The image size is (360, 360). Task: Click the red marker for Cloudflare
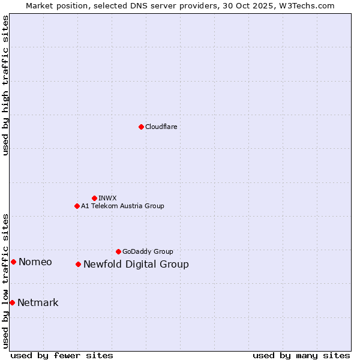point(141,127)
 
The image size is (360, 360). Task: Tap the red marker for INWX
point(94,198)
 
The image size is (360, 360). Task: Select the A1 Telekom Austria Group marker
point(77,206)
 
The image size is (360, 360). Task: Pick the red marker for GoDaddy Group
point(118,251)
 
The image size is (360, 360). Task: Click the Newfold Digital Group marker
point(78,264)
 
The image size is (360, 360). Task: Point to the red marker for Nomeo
point(13,262)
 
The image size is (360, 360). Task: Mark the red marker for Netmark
point(12,302)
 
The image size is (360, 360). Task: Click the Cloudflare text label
point(161,127)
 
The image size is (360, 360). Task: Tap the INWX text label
point(107,198)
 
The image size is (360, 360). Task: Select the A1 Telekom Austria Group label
point(122,206)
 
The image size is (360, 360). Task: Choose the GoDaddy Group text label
point(148,251)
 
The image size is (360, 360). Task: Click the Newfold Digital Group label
point(136,265)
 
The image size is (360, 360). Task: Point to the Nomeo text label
point(35,262)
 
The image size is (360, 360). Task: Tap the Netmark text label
point(38,303)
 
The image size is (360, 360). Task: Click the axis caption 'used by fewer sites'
point(62,355)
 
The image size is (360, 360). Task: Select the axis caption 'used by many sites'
point(301,355)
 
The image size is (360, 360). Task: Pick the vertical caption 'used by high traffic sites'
point(5,85)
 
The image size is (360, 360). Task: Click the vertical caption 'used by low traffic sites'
point(5,281)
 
